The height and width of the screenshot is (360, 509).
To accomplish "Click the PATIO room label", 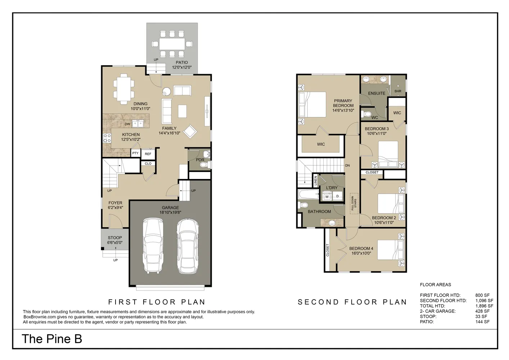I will tap(182, 62).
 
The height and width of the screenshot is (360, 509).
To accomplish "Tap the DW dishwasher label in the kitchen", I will tap(127, 124).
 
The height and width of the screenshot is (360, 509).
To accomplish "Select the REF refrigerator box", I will tap(148, 154).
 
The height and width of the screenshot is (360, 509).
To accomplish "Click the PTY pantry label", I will tap(135, 153).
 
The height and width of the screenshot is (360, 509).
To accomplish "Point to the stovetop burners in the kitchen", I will tap(107, 138).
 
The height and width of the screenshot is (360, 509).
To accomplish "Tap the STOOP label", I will tap(115, 238).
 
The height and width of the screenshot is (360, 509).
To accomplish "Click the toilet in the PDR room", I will tap(204, 165).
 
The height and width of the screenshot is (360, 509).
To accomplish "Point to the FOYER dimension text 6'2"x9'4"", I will tap(115, 208).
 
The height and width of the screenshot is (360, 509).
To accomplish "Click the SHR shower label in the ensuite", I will tap(398, 91).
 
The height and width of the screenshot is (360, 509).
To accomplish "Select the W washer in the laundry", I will tap(327, 197).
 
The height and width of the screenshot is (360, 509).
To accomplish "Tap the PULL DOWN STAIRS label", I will tap(354, 203).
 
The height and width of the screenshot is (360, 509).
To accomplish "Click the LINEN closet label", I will tap(316, 180).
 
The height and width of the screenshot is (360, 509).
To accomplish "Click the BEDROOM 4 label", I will tap(361, 248).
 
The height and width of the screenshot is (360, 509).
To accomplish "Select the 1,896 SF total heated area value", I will tap(484, 306).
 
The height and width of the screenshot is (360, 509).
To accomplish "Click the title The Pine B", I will tap(52, 339).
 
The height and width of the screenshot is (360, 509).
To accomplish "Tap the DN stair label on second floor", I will tap(347, 166).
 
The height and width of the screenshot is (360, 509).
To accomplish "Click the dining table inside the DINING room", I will tap(123, 87).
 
